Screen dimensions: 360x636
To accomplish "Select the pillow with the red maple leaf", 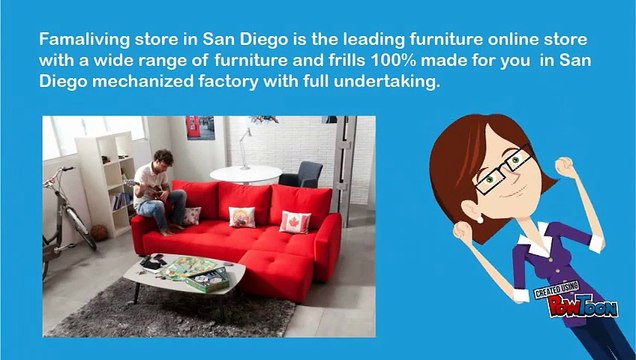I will point(296,221).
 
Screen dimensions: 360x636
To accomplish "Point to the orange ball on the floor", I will point(99,233).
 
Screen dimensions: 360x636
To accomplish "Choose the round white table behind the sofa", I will point(246,173).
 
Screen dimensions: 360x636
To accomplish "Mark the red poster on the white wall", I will point(200,127).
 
